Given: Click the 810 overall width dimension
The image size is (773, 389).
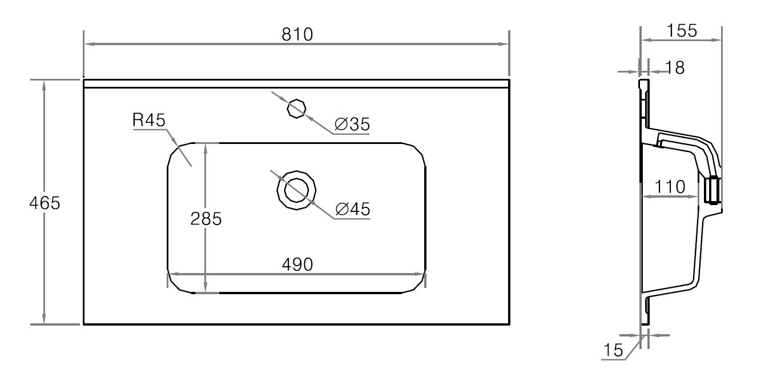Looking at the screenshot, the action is pos(297,34).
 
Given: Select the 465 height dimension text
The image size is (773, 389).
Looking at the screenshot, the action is pos(45,203).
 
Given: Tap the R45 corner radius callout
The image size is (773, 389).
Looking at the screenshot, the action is pos(149,120).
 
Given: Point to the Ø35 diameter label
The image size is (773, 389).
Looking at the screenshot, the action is pos(352,125).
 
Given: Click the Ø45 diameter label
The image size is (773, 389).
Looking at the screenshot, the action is pos(353,209).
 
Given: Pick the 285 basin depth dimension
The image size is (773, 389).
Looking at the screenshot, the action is pos(206,219).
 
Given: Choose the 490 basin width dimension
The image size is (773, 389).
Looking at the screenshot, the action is pos(297,264).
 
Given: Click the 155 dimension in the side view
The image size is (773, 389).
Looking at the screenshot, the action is pos(682,31).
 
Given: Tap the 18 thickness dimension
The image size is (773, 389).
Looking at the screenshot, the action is pos(675,67).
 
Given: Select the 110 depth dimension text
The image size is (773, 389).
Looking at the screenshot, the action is pos(670,187).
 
